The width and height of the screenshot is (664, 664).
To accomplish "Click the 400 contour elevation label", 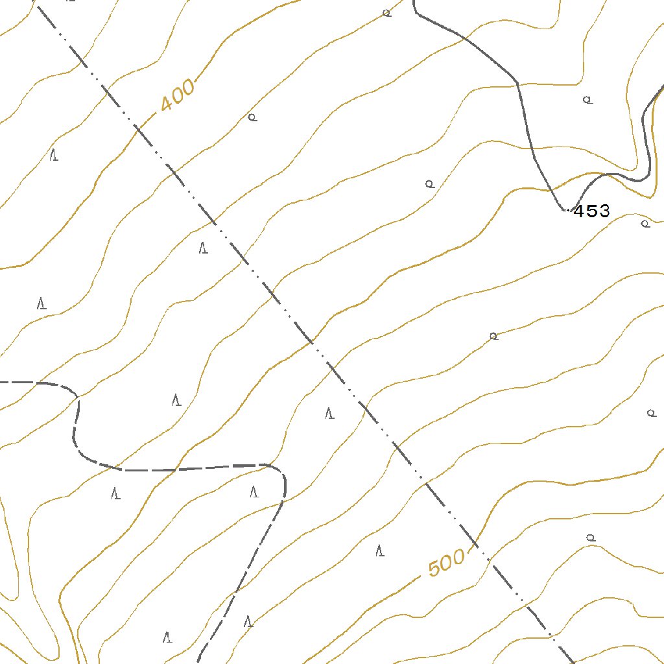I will (x=177, y=95).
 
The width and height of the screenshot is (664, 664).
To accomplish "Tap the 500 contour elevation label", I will (x=447, y=562).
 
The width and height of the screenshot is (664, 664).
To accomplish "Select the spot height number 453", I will (x=591, y=211).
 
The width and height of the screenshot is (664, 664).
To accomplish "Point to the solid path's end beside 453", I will (x=566, y=210).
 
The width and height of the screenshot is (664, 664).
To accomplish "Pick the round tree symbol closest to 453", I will (x=645, y=224).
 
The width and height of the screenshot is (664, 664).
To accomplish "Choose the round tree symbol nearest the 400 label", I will (x=253, y=117).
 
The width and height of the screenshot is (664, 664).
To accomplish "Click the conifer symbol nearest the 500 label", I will (x=380, y=551).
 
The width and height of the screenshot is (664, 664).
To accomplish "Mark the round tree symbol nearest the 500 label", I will (x=590, y=538).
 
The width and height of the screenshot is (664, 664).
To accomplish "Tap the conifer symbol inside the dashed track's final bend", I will (x=254, y=492).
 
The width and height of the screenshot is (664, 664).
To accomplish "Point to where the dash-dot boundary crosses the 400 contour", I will (x=138, y=130).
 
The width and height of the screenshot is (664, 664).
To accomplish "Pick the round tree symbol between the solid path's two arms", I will (x=587, y=100).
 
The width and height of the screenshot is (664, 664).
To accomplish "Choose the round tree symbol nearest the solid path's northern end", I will (x=386, y=12).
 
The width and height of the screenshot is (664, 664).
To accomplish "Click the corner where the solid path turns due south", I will (x=517, y=84).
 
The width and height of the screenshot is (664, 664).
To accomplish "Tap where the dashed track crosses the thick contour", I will (x=175, y=468).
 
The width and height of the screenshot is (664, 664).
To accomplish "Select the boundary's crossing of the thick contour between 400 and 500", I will (x=312, y=340).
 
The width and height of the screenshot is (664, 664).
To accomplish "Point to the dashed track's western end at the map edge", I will (x=2, y=383).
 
